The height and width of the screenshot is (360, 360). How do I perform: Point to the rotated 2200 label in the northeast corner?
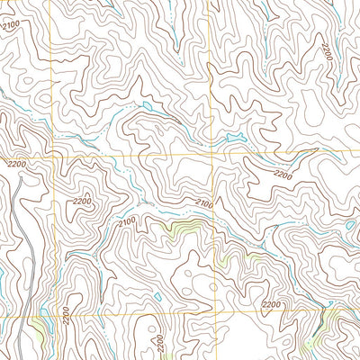click(x=326, y=51)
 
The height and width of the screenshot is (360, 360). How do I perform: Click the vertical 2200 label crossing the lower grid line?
click(x=67, y=316)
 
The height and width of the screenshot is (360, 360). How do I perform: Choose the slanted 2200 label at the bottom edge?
click(x=159, y=344)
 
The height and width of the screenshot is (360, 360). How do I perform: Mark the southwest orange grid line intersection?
click(x=59, y=316)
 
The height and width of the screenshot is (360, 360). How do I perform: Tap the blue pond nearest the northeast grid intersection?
click(x=236, y=138)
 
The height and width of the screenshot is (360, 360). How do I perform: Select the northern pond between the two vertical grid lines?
click(x=146, y=106)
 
